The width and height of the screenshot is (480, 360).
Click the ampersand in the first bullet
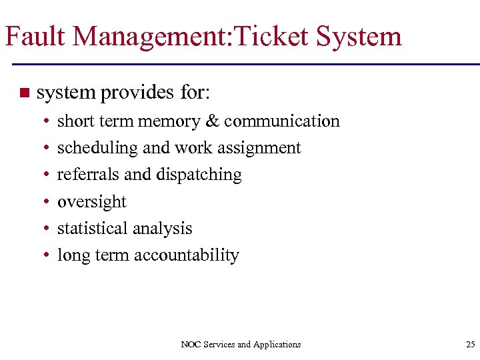[x=212, y=121]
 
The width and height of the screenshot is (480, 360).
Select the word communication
[x=282, y=121]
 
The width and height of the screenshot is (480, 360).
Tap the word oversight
[x=91, y=202]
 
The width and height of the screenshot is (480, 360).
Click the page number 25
[x=470, y=345]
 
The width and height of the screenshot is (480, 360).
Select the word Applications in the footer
[x=277, y=345]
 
